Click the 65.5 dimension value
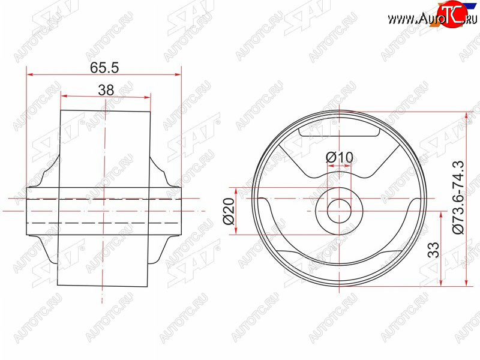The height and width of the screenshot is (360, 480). click(104, 68)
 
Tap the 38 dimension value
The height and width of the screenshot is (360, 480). click(106, 91)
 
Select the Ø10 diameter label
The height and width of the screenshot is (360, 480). click(339, 158)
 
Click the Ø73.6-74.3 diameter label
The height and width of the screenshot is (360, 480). click(458, 197)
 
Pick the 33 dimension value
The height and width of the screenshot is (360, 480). click(433, 250)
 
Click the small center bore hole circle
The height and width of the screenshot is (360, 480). click(339, 211)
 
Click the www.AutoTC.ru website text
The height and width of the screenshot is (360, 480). click(432, 19)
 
